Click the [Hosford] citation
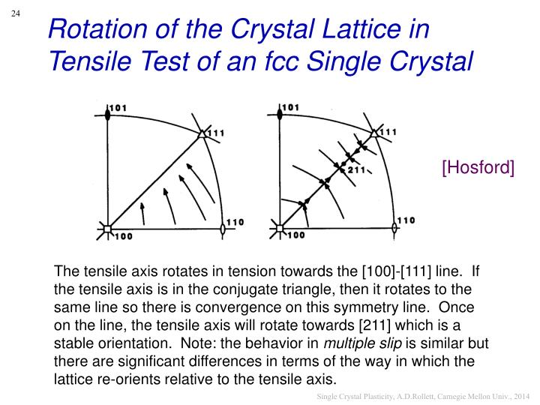[478, 167]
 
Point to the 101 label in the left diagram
[118, 108]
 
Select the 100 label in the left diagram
[123, 236]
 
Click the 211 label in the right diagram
[355, 170]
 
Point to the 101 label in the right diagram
[290, 107]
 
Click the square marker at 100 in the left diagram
[107, 228]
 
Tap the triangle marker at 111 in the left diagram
[202, 134]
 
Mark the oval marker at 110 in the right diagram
[394, 228]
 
